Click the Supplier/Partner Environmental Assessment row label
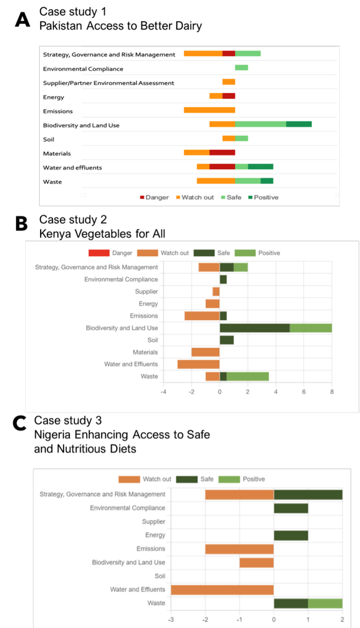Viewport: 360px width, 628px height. point(109,83)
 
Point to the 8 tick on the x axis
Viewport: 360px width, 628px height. point(332,391)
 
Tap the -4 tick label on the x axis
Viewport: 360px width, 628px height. point(163,391)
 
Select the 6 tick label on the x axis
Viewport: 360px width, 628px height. point(304,391)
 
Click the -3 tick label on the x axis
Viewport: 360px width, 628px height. point(171,620)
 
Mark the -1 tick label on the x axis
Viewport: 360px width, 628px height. point(239,620)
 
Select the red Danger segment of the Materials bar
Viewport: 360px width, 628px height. point(222,152)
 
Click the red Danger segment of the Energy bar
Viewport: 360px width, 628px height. point(229,96)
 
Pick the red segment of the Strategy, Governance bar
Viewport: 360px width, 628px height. point(229,53)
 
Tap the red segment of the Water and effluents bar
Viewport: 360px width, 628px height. point(222,167)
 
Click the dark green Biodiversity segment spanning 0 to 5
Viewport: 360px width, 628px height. point(255,328)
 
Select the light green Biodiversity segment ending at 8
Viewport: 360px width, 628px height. point(311,328)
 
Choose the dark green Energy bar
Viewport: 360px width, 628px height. point(291,535)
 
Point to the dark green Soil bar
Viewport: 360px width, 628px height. point(226,340)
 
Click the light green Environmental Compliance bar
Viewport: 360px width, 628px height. point(242,67)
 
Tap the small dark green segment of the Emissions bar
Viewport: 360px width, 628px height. point(223,316)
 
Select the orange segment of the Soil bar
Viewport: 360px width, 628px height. point(229,138)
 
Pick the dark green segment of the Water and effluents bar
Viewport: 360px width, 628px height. point(260,167)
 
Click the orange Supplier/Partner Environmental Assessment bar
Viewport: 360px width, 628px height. point(229,81)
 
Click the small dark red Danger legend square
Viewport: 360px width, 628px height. point(142,197)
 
